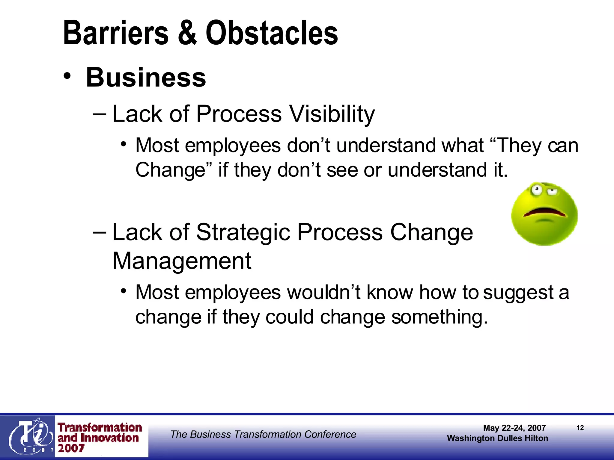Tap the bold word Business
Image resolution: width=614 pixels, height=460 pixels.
[x=146, y=77]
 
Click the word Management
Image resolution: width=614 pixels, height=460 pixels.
[x=182, y=261]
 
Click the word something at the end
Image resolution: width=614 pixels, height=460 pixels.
[x=440, y=317]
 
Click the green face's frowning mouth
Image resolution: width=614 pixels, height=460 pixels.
[x=544, y=212]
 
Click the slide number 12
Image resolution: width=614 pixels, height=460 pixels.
[x=580, y=428]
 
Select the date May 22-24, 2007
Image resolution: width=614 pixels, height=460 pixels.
[x=514, y=428]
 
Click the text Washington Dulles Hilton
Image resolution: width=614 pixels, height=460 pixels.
[x=497, y=438]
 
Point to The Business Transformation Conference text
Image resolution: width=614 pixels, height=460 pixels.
[x=263, y=434]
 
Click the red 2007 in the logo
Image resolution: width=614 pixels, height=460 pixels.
[x=71, y=448]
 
